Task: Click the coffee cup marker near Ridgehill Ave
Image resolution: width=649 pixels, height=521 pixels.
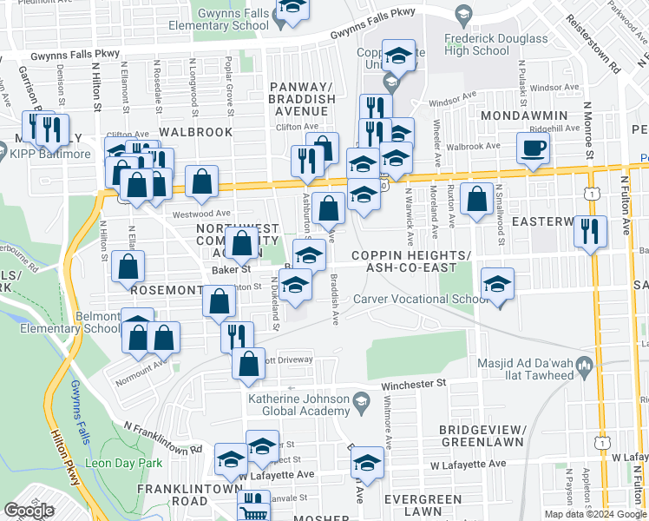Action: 533,148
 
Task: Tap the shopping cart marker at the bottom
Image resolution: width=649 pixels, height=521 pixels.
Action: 252,507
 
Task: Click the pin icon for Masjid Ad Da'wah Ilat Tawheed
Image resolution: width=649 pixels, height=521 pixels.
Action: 585,364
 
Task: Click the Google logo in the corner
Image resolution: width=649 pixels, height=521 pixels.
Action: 29,511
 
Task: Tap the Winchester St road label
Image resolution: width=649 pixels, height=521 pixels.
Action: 416,383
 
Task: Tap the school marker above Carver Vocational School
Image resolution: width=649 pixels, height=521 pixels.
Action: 497,284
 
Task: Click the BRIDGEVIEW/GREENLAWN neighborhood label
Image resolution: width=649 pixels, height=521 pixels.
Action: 481,436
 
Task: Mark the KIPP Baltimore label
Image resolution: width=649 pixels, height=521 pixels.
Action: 50,154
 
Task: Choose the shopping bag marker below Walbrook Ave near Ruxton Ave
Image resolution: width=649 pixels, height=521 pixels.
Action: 476,200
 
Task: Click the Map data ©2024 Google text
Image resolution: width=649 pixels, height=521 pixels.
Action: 595,514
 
